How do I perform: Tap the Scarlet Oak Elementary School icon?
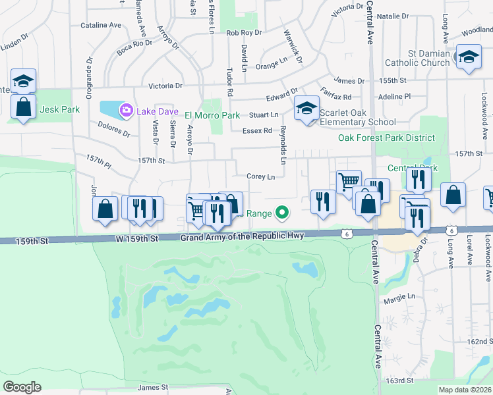(x=306, y=107)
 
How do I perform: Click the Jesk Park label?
(x=58, y=110)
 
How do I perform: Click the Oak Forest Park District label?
(x=386, y=138)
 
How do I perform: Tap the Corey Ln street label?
(x=260, y=176)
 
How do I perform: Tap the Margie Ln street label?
(x=399, y=296)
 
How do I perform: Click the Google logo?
(x=22, y=387)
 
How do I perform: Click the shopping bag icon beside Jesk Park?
(x=23, y=108)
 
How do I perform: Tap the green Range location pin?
(x=282, y=213)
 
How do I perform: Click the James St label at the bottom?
(x=153, y=388)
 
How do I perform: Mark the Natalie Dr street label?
(x=393, y=15)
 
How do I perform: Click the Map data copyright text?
(x=465, y=390)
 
